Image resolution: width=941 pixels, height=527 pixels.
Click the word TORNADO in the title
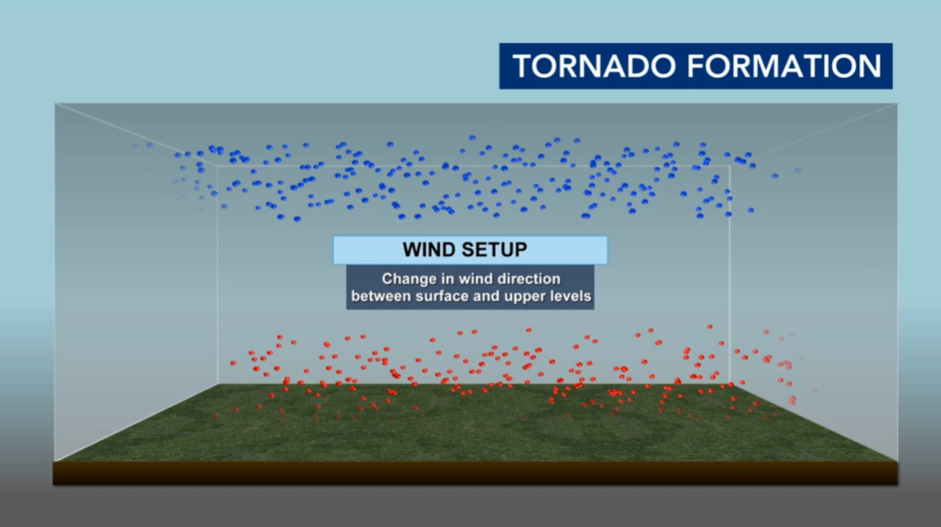pyautogui.click(x=594, y=66)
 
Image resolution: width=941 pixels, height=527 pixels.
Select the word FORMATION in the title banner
pyautogui.click(x=784, y=66)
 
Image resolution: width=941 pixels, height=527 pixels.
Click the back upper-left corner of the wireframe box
pyautogui.click(x=217, y=167)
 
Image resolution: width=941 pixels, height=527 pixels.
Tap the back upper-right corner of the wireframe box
pyautogui.click(x=730, y=167)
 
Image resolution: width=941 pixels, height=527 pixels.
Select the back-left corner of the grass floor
pyautogui.click(x=217, y=384)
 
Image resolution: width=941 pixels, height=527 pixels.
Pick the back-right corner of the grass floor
pyautogui.click(x=730, y=384)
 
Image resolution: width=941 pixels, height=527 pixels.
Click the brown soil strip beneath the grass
pyautogui.click(x=475, y=473)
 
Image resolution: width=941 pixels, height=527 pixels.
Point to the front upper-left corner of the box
pyautogui.click(x=55, y=104)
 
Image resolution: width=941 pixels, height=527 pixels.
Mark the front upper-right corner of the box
pyautogui.click(x=898, y=104)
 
